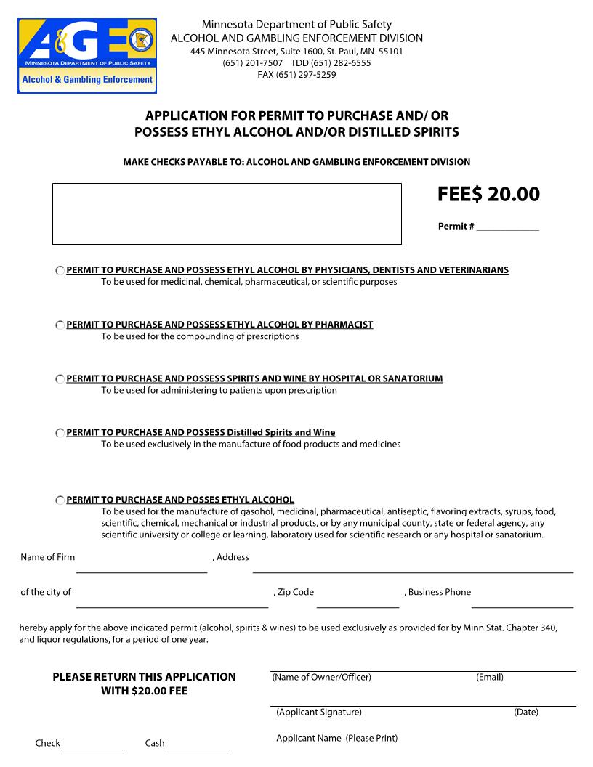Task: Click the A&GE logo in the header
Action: click(87, 56)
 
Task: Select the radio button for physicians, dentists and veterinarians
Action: click(60, 270)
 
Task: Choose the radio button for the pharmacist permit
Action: click(60, 325)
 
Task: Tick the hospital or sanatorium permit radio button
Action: click(60, 379)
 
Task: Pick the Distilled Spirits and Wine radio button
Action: click(60, 433)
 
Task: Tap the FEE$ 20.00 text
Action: click(488, 195)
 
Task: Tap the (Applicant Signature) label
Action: click(318, 712)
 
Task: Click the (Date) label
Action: click(526, 712)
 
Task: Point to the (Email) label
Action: click(490, 677)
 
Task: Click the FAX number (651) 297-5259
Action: click(296, 74)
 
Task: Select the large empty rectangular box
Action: click(227, 214)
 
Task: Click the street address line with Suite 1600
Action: click(296, 52)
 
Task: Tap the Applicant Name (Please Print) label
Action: click(336, 738)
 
